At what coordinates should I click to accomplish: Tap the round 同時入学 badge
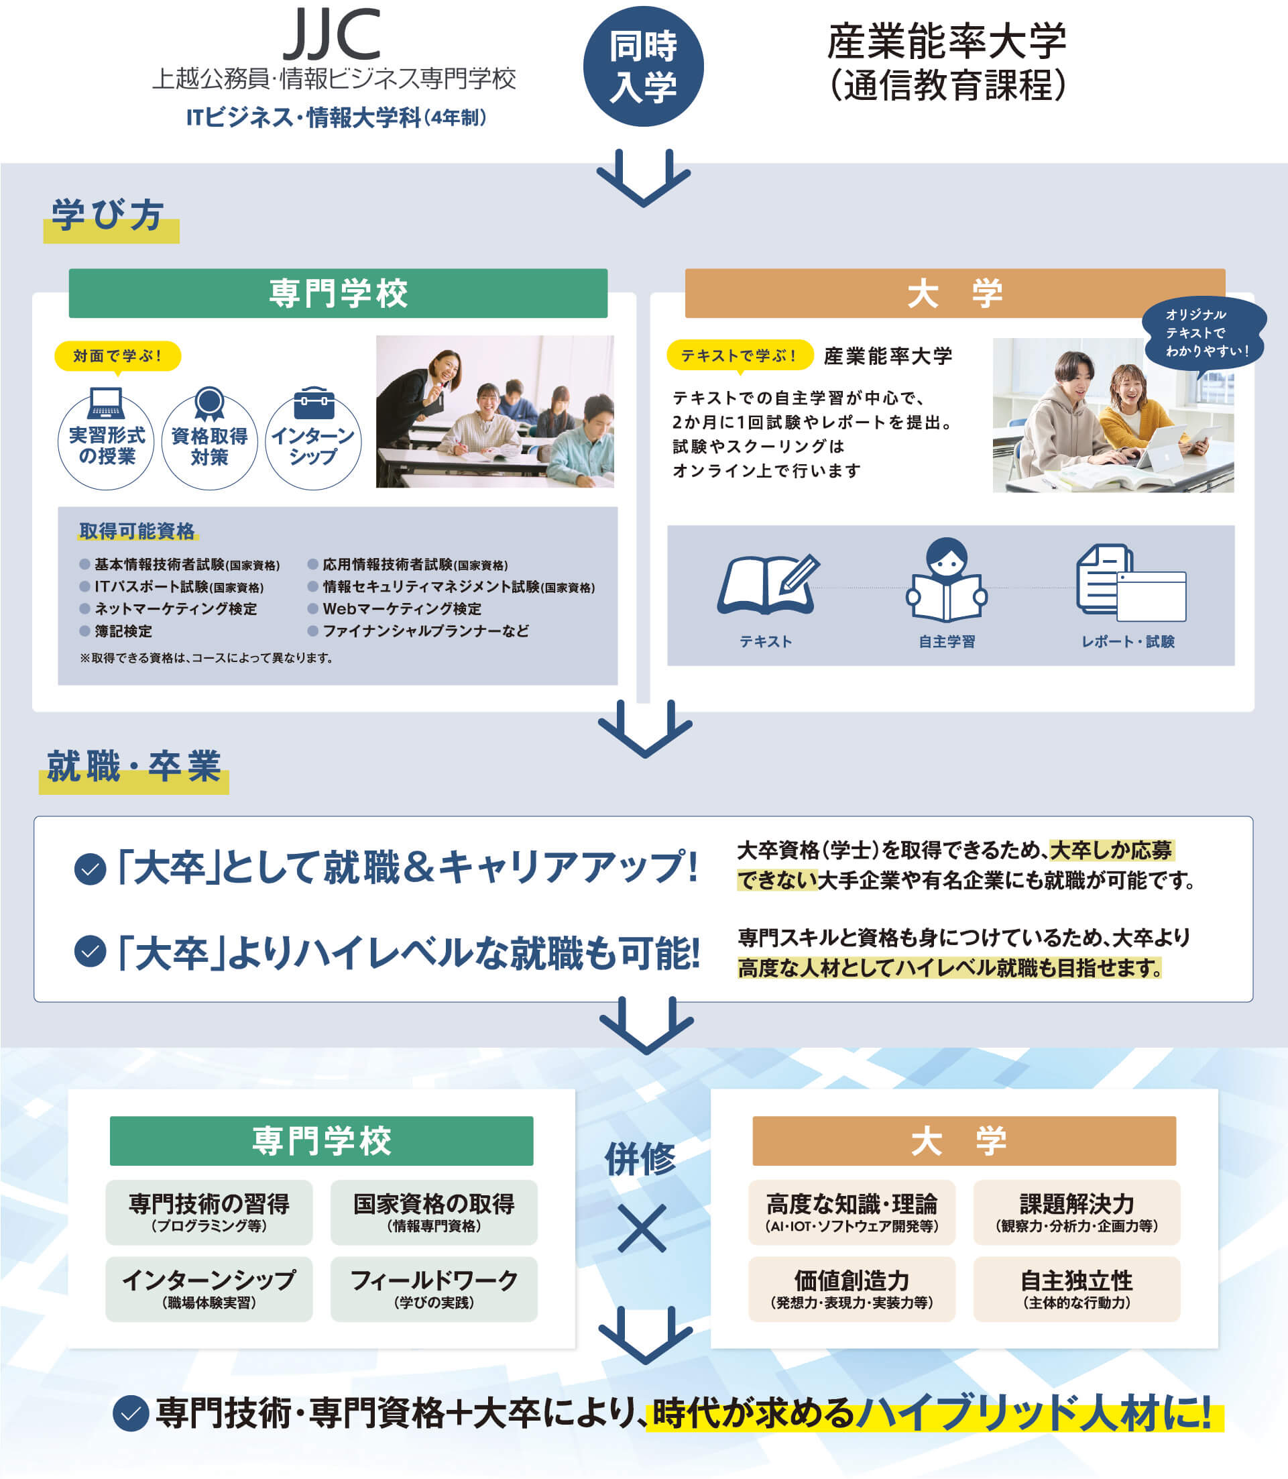point(642,67)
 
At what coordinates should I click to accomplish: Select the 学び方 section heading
point(108,215)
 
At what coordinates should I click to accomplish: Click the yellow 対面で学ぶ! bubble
point(117,356)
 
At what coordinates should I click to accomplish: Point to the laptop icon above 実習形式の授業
point(106,403)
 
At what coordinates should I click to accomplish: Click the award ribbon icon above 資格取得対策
point(209,404)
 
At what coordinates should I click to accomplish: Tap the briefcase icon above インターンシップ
point(314,403)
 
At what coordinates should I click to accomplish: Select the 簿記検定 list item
point(122,631)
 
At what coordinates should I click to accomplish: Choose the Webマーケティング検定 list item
point(401,609)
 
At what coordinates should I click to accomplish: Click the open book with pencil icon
point(767,584)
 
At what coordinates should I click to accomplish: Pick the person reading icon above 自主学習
point(947,580)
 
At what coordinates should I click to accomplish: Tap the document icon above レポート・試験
point(1130,583)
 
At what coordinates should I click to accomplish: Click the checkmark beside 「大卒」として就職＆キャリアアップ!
point(91,869)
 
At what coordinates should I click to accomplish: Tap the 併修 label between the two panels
point(640,1159)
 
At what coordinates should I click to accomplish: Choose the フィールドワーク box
point(433,1289)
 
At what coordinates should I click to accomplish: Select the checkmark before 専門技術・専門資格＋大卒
point(131,1413)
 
